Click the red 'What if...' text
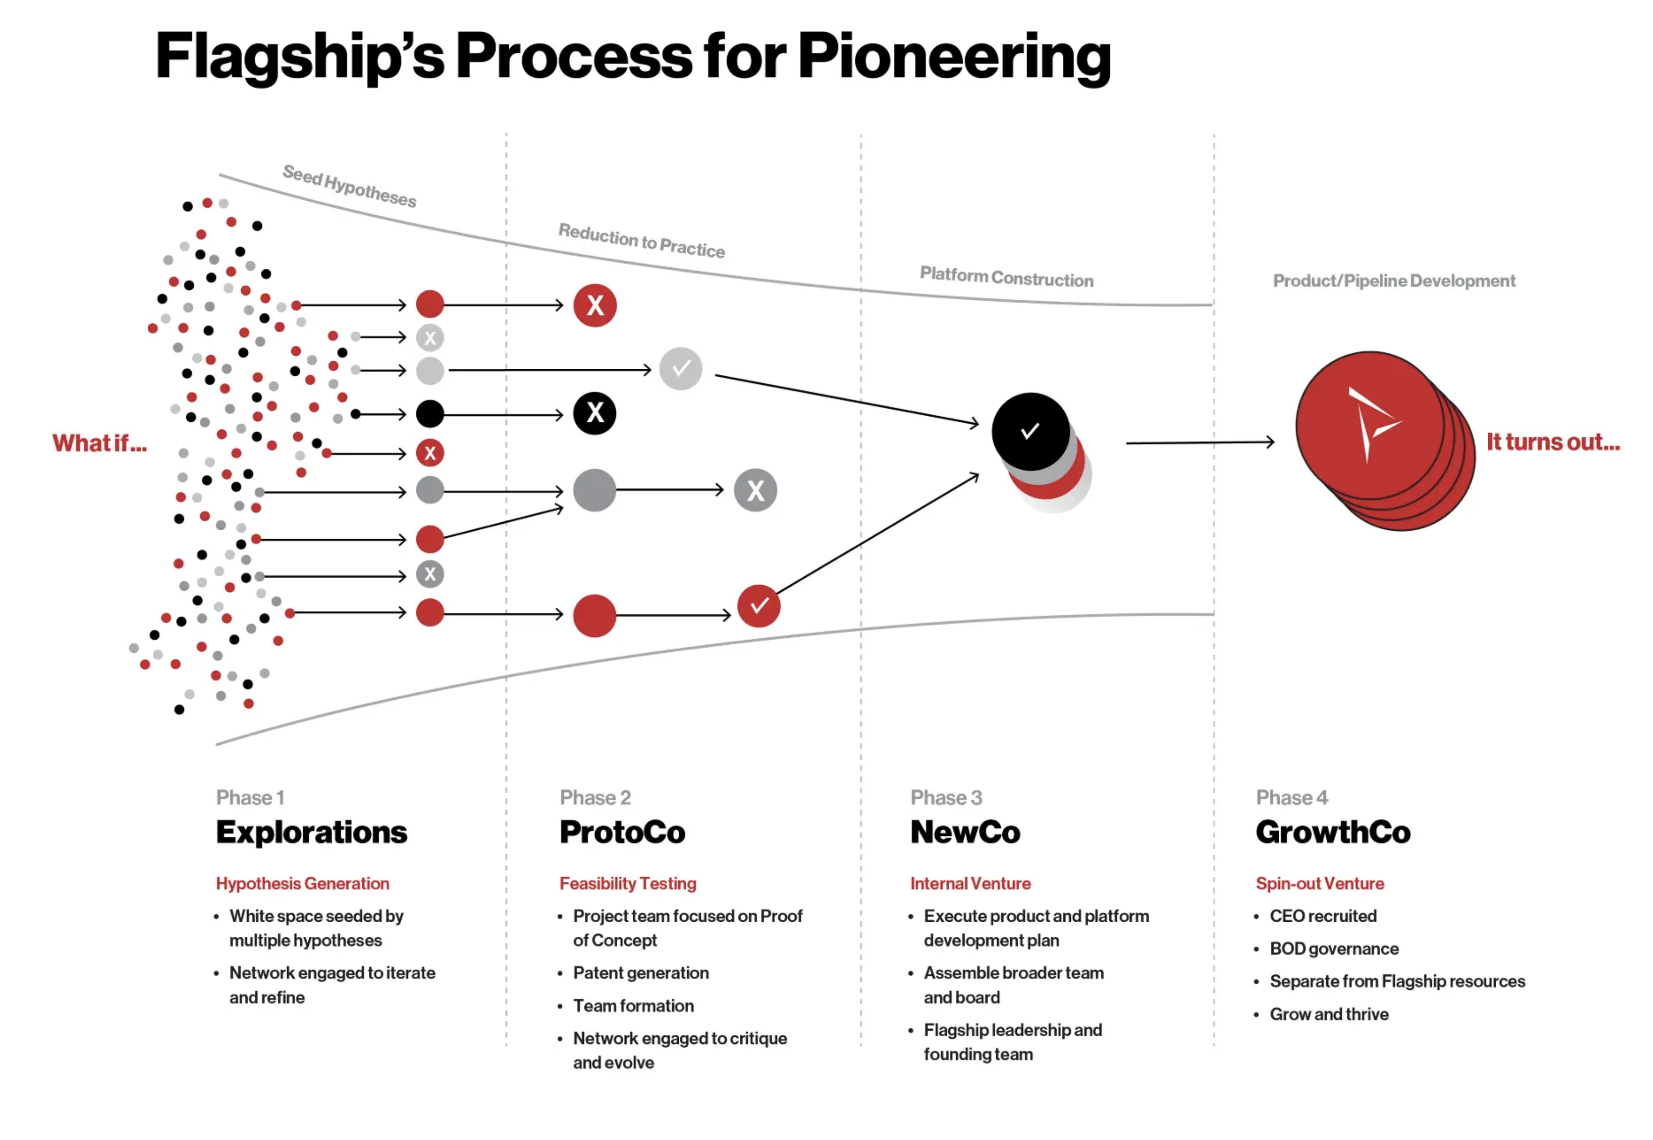click(x=99, y=444)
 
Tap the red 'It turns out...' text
click(x=1552, y=442)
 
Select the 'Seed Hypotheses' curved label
click(x=349, y=186)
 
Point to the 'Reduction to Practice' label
click(x=641, y=240)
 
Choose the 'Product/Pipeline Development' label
click(x=1393, y=281)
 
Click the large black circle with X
click(x=594, y=414)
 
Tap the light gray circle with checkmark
click(x=680, y=369)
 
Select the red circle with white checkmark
click(x=758, y=606)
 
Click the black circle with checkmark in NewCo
click(x=1030, y=431)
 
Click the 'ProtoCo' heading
click(x=622, y=832)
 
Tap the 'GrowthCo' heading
click(x=1333, y=832)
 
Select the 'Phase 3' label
click(x=945, y=797)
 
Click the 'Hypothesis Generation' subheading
click(x=302, y=883)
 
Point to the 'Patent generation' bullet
click(x=640, y=973)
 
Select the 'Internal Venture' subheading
click(x=970, y=883)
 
